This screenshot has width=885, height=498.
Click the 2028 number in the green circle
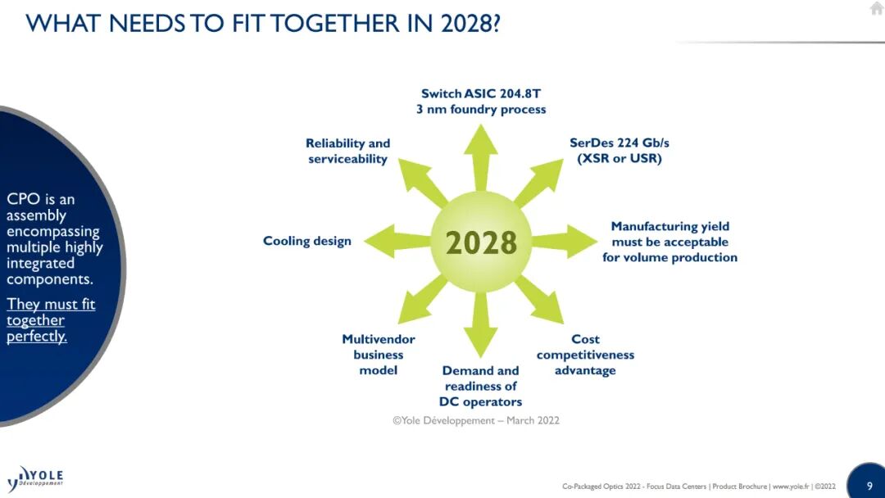pyautogui.click(x=481, y=242)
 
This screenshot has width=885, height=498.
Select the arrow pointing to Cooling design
pyautogui.click(x=397, y=242)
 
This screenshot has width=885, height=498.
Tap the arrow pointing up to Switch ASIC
pyautogui.click(x=481, y=157)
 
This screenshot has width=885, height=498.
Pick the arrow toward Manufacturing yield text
pyautogui.click(x=564, y=242)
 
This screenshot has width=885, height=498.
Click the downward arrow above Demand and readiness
pyautogui.click(x=481, y=325)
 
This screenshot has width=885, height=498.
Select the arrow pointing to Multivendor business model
pyautogui.click(x=423, y=300)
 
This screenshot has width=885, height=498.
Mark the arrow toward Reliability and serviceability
pyautogui.click(x=423, y=183)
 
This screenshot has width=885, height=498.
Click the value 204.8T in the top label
pyautogui.click(x=520, y=93)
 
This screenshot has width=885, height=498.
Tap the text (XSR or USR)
pyautogui.click(x=619, y=158)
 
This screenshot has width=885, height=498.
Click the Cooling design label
pyautogui.click(x=307, y=242)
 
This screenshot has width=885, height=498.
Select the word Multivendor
pyautogui.click(x=378, y=339)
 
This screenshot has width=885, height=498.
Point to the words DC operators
pyautogui.click(x=480, y=401)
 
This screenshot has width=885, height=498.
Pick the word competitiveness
pyautogui.click(x=585, y=355)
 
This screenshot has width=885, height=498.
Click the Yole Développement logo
pyautogui.click(x=35, y=478)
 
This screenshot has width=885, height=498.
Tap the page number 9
pyautogui.click(x=869, y=486)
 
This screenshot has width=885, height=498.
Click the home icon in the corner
pyautogui.click(x=877, y=8)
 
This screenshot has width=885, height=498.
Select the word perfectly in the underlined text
pyautogui.click(x=37, y=336)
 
